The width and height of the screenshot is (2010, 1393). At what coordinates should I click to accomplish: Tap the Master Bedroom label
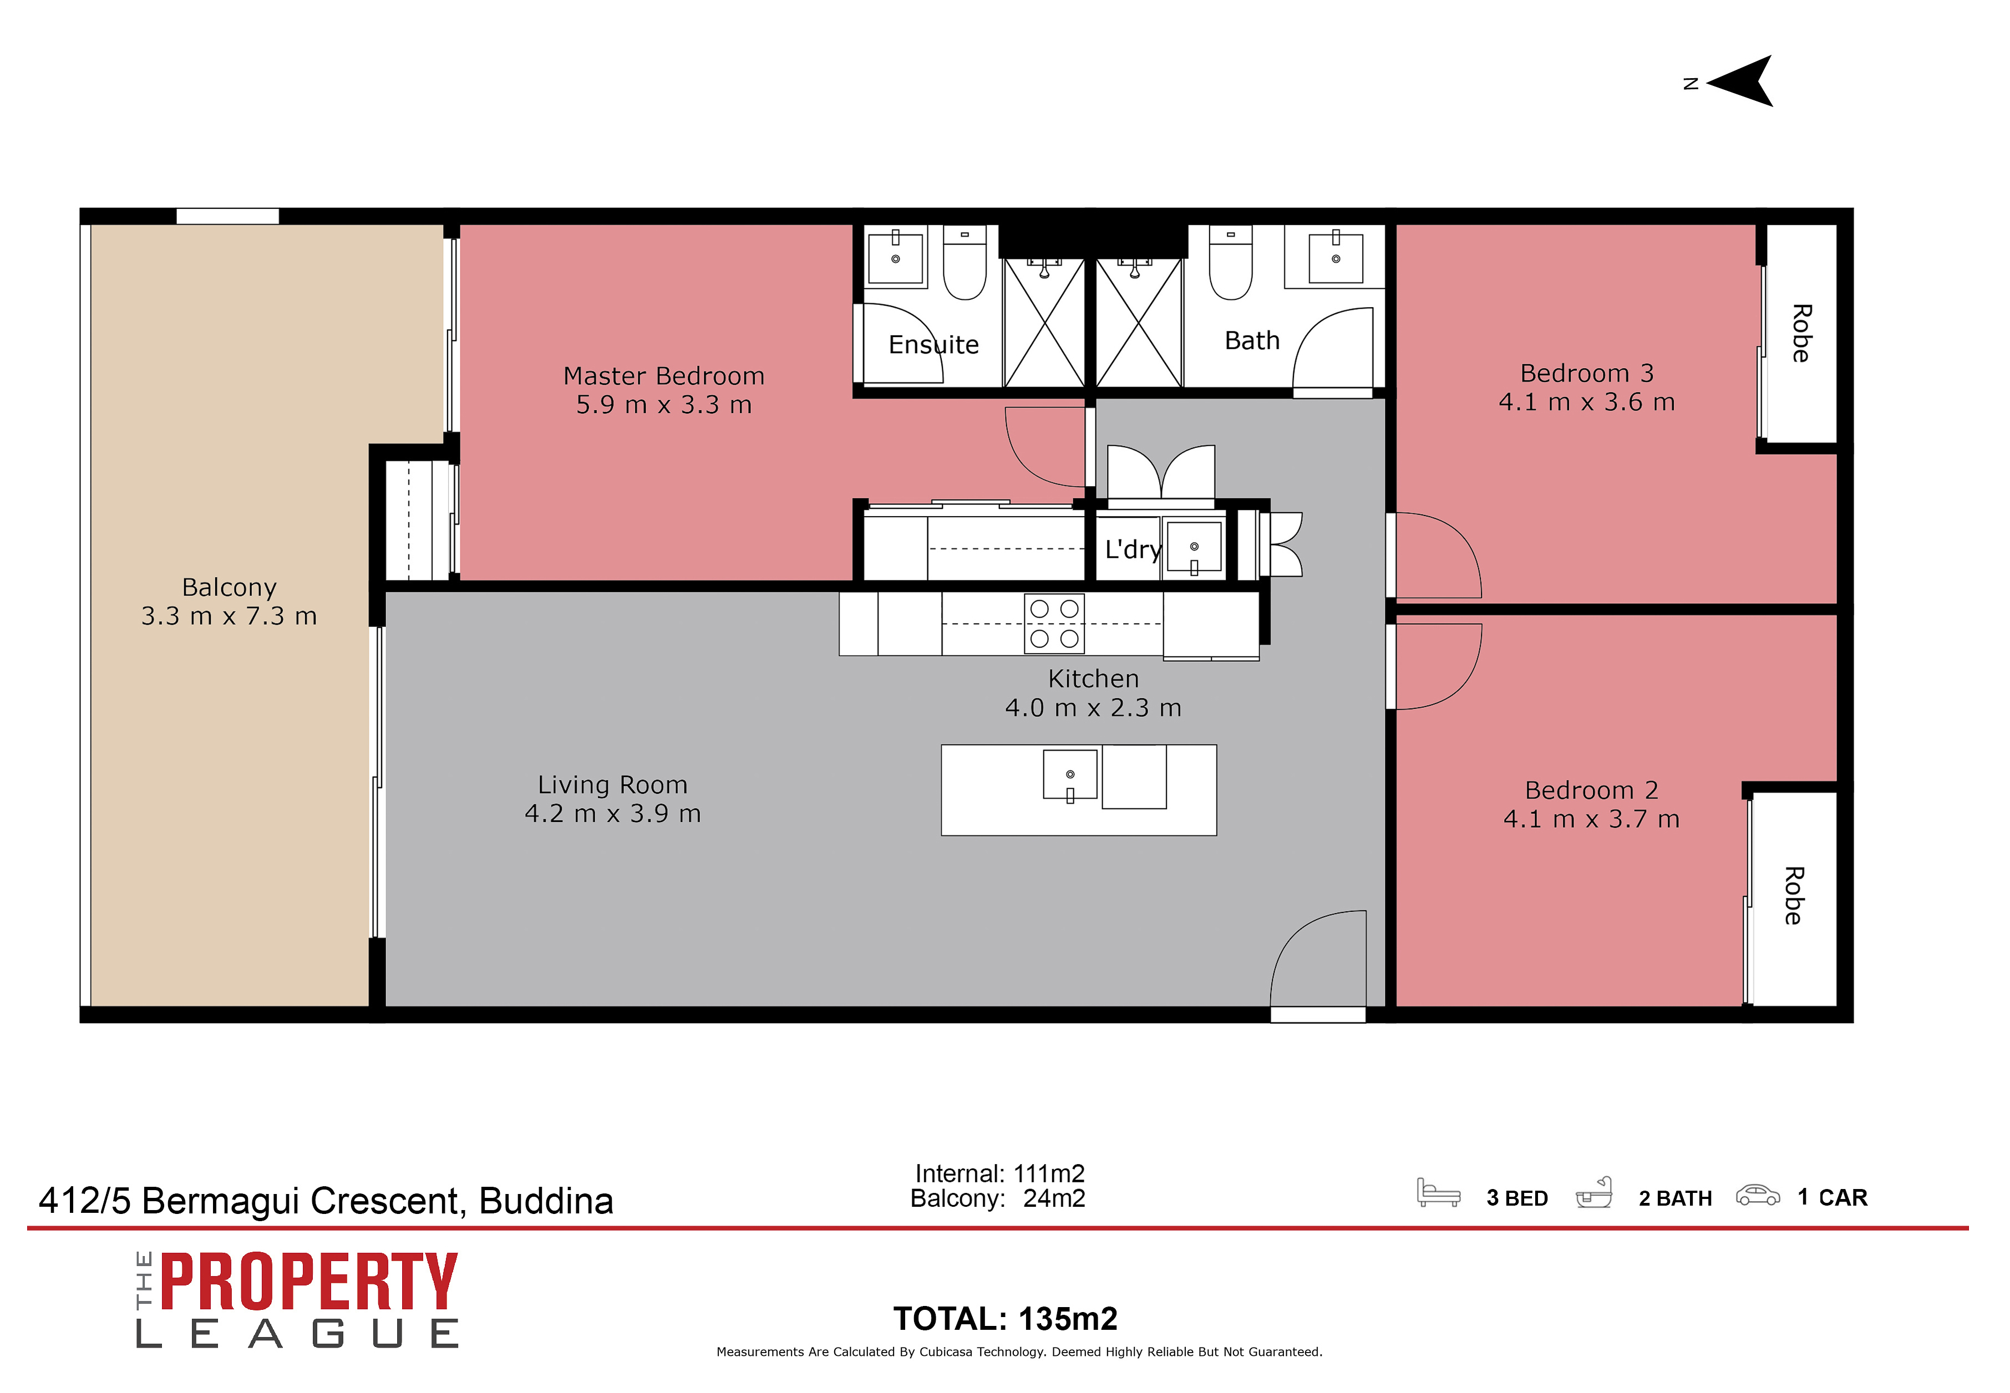tap(663, 376)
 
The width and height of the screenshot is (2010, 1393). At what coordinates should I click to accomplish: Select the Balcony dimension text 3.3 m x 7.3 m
tap(229, 616)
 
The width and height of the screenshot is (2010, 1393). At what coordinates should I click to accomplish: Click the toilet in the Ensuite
tap(965, 263)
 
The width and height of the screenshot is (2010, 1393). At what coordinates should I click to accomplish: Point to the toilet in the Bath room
tap(1230, 263)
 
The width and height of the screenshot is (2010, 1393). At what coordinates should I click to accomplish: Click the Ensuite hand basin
tap(895, 256)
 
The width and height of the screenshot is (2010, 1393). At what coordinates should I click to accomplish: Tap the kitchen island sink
tap(1069, 775)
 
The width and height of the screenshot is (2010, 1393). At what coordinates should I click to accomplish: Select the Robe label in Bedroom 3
tap(1800, 333)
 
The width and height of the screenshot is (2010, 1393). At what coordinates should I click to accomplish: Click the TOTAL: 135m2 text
tap(1005, 1319)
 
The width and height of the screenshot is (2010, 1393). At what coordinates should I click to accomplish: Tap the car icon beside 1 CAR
tap(1757, 1196)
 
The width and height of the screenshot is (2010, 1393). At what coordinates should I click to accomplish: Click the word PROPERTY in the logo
tap(309, 1281)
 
